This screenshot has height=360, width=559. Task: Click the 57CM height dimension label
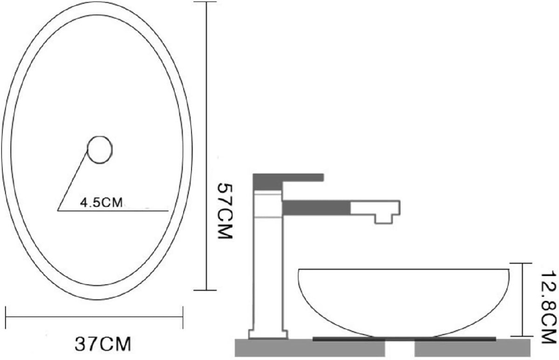225,211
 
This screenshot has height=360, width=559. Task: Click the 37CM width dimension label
103,344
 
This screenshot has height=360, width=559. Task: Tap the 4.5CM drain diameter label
102,203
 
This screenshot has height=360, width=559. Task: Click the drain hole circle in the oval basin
100,149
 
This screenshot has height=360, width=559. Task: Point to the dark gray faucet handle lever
288,181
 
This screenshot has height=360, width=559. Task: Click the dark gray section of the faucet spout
316,207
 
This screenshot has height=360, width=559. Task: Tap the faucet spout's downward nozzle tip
383,219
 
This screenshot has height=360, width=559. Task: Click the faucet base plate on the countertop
268,334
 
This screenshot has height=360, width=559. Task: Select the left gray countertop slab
310,347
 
